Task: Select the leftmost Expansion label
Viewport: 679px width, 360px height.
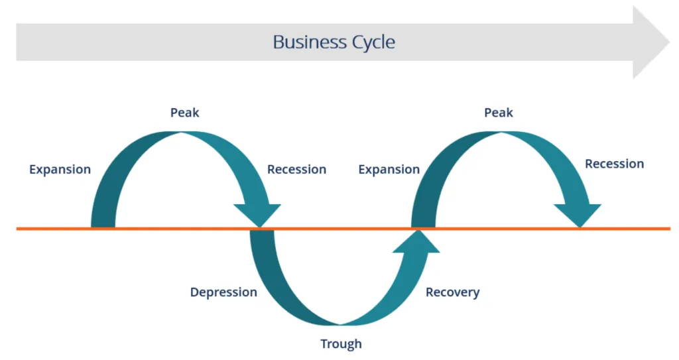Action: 60,170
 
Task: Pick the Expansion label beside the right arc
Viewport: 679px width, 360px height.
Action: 389,170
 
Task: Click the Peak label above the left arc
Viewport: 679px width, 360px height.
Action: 184,113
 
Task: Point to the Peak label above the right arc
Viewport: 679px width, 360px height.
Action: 499,113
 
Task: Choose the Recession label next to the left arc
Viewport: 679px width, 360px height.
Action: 296,170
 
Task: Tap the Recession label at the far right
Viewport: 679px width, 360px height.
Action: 614,164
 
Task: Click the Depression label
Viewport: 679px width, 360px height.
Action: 223,292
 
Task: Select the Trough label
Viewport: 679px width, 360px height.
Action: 341,344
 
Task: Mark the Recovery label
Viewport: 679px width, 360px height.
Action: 452,292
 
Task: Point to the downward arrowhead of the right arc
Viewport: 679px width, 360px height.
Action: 578,215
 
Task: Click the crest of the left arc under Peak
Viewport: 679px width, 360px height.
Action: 182,136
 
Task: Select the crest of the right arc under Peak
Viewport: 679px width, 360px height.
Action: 500,136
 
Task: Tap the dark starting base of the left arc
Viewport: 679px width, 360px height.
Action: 103,222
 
